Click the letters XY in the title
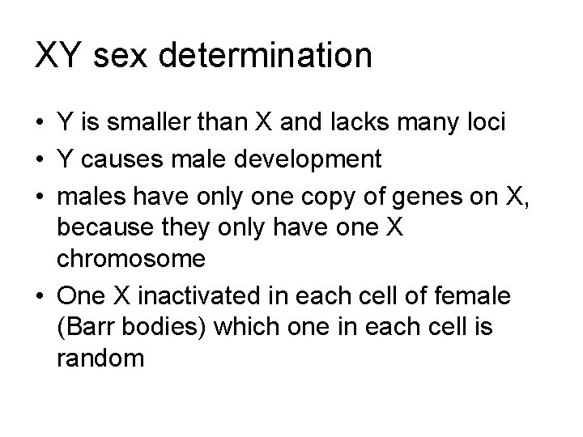click(x=57, y=56)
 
